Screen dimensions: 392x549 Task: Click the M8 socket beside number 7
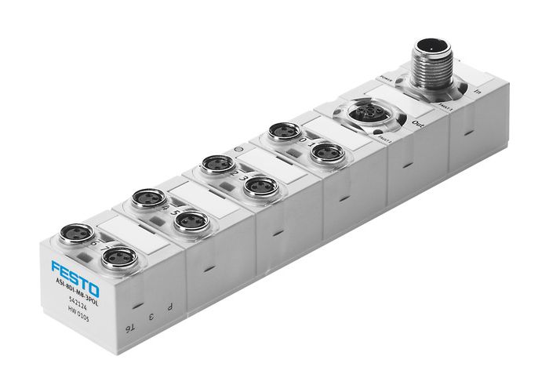(119, 256)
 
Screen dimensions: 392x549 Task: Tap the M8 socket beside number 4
(147, 198)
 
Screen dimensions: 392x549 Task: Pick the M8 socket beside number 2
(216, 165)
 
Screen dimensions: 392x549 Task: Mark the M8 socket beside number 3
(260, 186)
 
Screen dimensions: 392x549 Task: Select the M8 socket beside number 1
(325, 152)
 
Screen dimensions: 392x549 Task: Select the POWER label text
(385, 78)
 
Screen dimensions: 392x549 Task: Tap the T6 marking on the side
(133, 329)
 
